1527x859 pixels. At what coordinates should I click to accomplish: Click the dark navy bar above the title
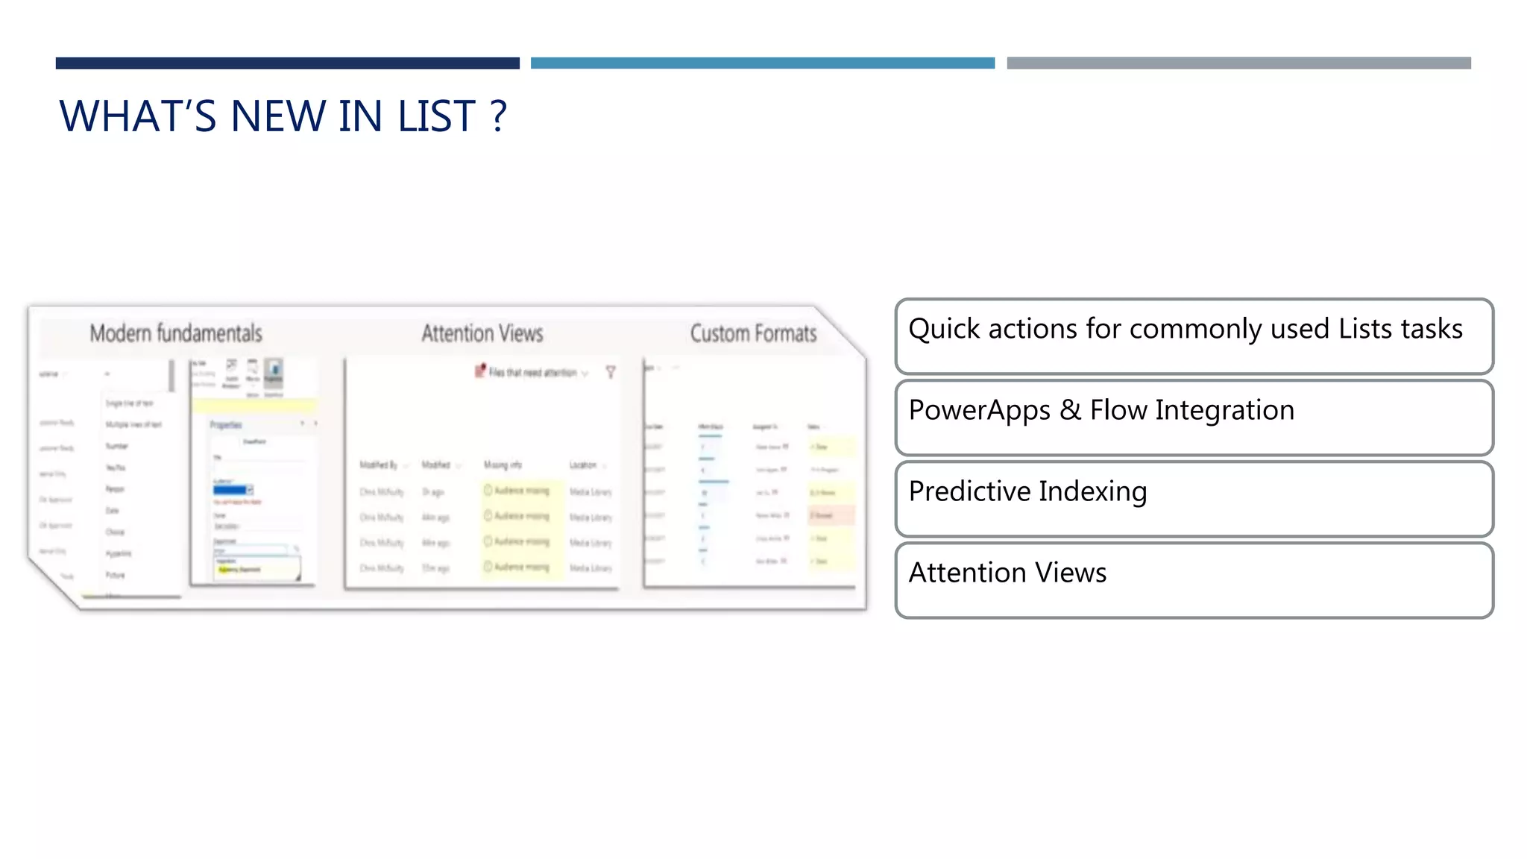coord(287,63)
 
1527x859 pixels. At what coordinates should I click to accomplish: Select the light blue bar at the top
coord(762,63)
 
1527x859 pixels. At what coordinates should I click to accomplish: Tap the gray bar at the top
coord(1238,63)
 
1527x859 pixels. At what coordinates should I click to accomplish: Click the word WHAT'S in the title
coord(138,116)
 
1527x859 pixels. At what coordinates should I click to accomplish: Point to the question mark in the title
coord(499,116)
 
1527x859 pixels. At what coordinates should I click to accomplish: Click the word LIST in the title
coord(436,116)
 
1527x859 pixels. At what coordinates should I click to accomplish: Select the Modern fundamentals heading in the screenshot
coord(176,333)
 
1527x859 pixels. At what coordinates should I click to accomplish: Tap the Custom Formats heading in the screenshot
coord(753,333)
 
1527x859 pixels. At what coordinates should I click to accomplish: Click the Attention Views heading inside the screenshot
coord(482,333)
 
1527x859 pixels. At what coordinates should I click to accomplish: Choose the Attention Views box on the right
coord(1194,580)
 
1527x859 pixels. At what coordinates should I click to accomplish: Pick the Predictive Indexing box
coord(1194,499)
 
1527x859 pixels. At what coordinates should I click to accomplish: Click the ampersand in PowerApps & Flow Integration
coord(1070,410)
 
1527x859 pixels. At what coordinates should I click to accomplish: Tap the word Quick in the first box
coord(943,329)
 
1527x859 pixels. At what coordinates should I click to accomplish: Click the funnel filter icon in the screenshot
coord(611,372)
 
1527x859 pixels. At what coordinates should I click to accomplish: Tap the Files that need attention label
coord(532,372)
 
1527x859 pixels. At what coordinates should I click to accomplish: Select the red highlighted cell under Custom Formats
coord(831,515)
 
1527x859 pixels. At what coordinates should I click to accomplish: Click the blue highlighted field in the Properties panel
coord(231,490)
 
